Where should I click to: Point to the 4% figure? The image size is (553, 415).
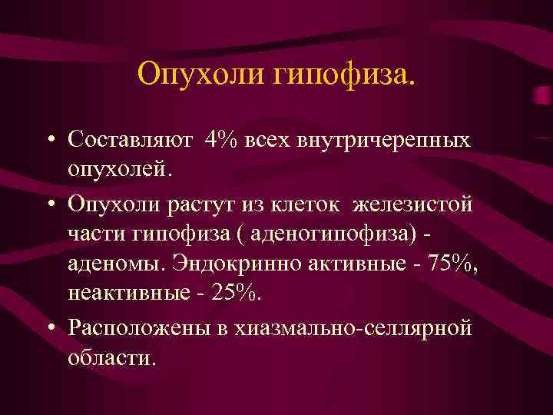tap(222, 141)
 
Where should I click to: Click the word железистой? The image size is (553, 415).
tap(413, 205)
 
